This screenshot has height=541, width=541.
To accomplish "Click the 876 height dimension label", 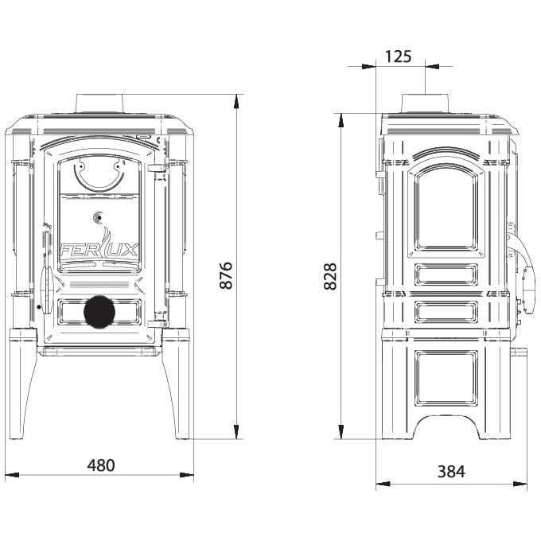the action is coord(226,275).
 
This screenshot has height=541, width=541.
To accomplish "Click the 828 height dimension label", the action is coord(330,276).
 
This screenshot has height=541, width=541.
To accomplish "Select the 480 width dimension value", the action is coord(101,465).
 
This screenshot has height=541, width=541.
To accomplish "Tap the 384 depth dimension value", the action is coord(451,471).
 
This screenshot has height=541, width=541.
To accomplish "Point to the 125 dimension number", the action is coord(398,56).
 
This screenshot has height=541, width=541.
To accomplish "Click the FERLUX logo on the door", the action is coord(99,247).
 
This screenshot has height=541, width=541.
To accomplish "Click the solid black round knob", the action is coord(99,312).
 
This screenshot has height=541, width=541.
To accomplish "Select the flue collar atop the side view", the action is coord(426,103).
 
